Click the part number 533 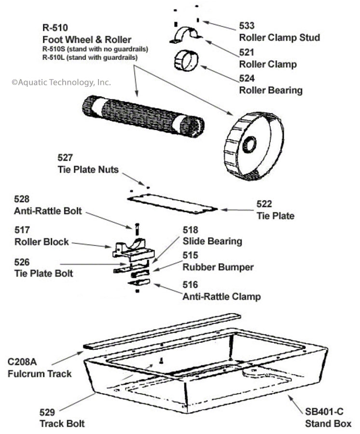click(x=247, y=26)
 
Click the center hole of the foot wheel click(x=250, y=144)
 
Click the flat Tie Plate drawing click(x=174, y=203)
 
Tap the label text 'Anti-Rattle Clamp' click(x=221, y=297)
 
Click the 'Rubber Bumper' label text click(x=218, y=267)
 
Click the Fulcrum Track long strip click(x=162, y=330)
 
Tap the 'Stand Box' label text click(x=328, y=424)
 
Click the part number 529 click(x=47, y=413)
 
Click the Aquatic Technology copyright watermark click(x=61, y=82)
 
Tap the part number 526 click(x=23, y=262)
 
